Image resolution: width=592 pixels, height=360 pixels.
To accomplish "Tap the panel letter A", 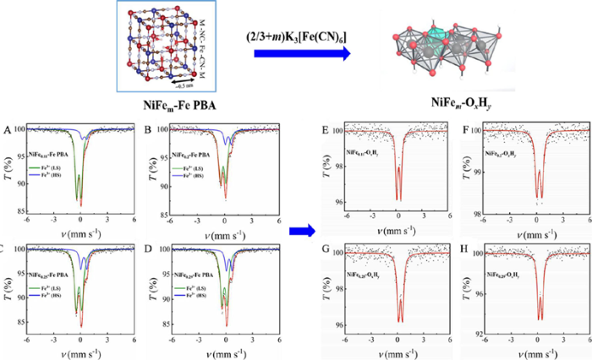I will click(7, 129).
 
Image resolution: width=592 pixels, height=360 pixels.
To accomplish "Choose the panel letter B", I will click(149, 129).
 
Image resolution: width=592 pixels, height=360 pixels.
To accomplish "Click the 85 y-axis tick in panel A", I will click(17, 205).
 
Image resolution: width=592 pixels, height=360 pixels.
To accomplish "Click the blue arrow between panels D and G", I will click(298, 230).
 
